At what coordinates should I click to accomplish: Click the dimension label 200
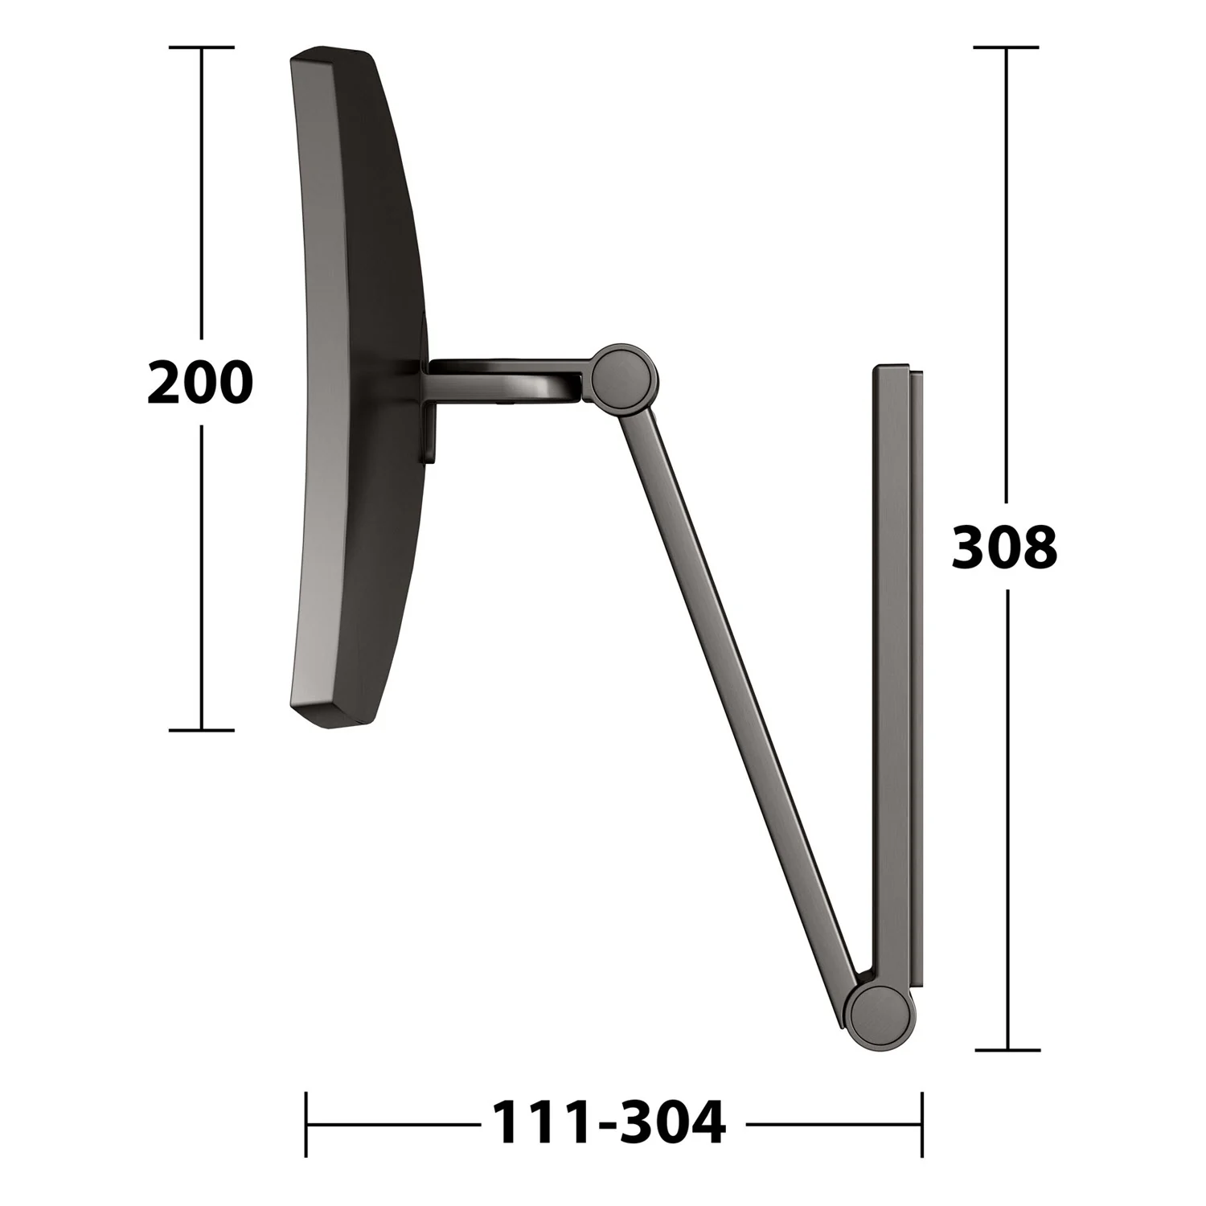[x=200, y=383]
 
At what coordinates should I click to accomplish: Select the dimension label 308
[x=1004, y=548]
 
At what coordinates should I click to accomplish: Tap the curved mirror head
[x=358, y=388]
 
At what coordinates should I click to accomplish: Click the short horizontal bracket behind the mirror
[x=507, y=378]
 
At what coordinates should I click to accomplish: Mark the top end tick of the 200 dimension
[x=201, y=47]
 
